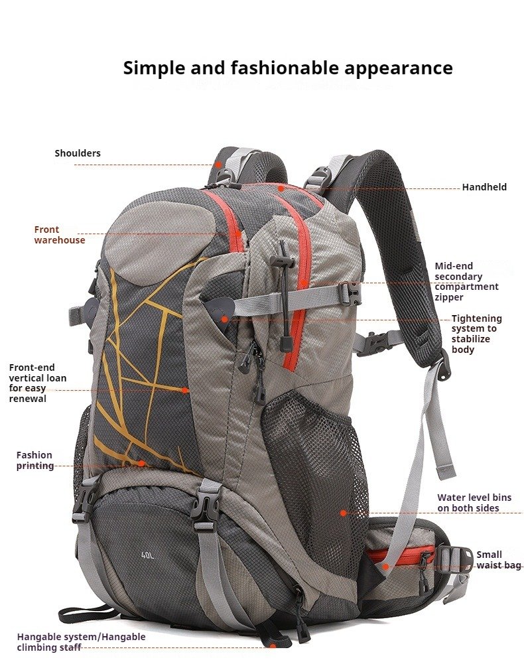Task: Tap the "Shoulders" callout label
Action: [78, 153]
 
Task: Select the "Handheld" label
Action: [484, 186]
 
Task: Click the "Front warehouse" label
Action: [60, 235]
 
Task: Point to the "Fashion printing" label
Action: [34, 460]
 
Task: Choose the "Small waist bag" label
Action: [499, 560]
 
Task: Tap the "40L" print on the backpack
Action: [147, 556]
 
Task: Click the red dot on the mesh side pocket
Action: [343, 513]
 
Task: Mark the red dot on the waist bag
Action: [385, 567]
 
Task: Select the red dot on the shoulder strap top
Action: [218, 164]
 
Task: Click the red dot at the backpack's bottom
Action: [272, 646]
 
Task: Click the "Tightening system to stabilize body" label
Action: [476, 334]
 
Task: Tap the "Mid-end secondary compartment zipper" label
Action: [466, 281]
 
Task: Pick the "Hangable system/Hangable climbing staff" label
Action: [81, 641]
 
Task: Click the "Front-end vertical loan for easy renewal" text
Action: [38, 383]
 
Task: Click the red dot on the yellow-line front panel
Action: [184, 390]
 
